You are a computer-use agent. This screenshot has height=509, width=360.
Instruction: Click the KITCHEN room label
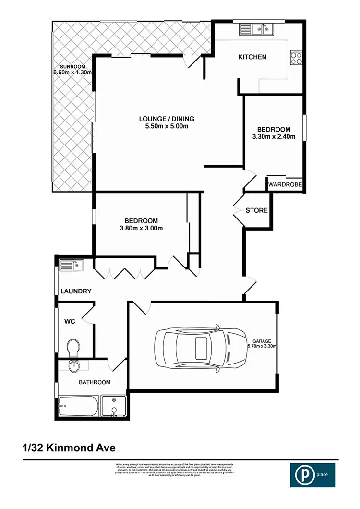pyautogui.click(x=252, y=57)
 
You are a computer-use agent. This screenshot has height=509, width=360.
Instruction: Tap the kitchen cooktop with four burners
pyautogui.click(x=296, y=58)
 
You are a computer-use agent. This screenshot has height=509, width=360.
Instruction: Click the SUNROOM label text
pyautogui.click(x=72, y=66)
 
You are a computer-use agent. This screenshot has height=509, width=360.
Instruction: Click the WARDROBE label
pyautogui.click(x=285, y=184)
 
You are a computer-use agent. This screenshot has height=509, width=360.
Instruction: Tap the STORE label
pyautogui.click(x=256, y=210)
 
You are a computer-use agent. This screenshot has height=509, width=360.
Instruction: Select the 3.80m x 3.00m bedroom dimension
pyautogui.click(x=141, y=228)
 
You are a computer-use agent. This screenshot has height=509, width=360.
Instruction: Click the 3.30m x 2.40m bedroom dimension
pyautogui.click(x=274, y=137)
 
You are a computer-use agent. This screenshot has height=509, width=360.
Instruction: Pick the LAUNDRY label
pyautogui.click(x=76, y=291)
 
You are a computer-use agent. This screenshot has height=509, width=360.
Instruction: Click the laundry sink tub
pyautogui.click(x=71, y=265)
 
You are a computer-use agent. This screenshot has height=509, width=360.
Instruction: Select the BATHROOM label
pyautogui.click(x=95, y=382)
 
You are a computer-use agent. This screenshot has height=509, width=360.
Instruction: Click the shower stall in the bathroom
pyautogui.click(x=114, y=407)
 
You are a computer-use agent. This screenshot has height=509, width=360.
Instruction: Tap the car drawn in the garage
pyautogui.click(x=200, y=346)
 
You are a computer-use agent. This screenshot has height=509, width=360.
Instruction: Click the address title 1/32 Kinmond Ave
pyautogui.click(x=69, y=448)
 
